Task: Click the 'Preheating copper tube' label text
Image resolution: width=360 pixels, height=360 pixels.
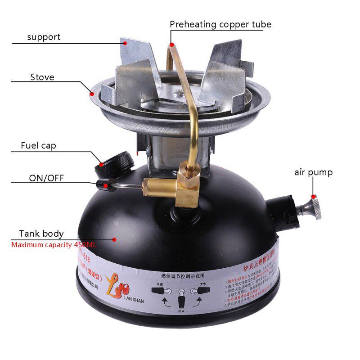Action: point(220,24)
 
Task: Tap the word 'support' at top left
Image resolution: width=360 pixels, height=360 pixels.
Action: point(44,37)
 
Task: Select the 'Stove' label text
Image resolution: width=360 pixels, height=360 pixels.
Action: point(42,77)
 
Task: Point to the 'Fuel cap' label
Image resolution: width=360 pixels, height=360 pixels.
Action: point(38,146)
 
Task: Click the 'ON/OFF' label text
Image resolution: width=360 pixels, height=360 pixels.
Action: point(46,178)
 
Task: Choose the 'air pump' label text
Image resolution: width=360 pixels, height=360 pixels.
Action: point(314,172)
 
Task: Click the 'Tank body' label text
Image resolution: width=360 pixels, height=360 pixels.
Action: point(41,234)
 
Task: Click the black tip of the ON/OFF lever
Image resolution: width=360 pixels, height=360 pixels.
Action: point(102,184)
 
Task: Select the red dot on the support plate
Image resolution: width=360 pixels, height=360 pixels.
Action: point(126,43)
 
